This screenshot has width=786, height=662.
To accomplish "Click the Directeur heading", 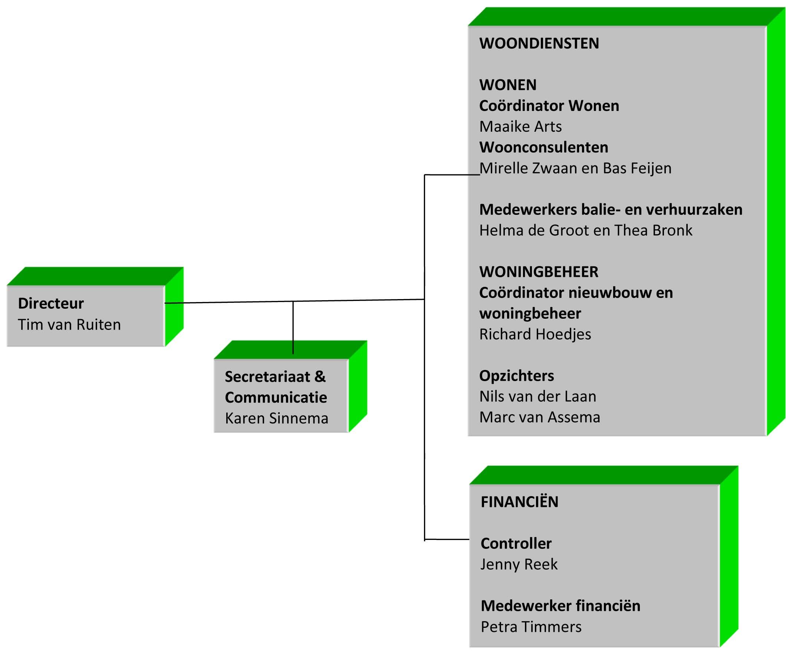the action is [51, 304].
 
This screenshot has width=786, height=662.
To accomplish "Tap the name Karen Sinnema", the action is [276, 419].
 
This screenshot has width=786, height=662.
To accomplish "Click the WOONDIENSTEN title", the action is [539, 43].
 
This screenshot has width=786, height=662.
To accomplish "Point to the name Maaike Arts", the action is [520, 127].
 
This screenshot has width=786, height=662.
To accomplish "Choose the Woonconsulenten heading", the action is [544, 147].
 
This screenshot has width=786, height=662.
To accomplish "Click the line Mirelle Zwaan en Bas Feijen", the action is [576, 168].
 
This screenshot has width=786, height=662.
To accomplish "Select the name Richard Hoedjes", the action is [535, 334].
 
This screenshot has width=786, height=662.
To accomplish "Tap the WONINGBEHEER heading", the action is [539, 272].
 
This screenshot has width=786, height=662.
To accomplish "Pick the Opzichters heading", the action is [517, 376].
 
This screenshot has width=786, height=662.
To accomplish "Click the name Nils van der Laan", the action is [537, 397].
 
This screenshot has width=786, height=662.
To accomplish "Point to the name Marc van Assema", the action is [539, 417].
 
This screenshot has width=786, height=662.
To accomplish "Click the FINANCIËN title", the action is [520, 502].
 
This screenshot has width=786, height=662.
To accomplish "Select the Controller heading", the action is [516, 544].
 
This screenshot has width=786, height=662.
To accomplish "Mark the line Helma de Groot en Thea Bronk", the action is [586, 230].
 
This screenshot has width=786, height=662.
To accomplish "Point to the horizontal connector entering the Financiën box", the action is [447, 539].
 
